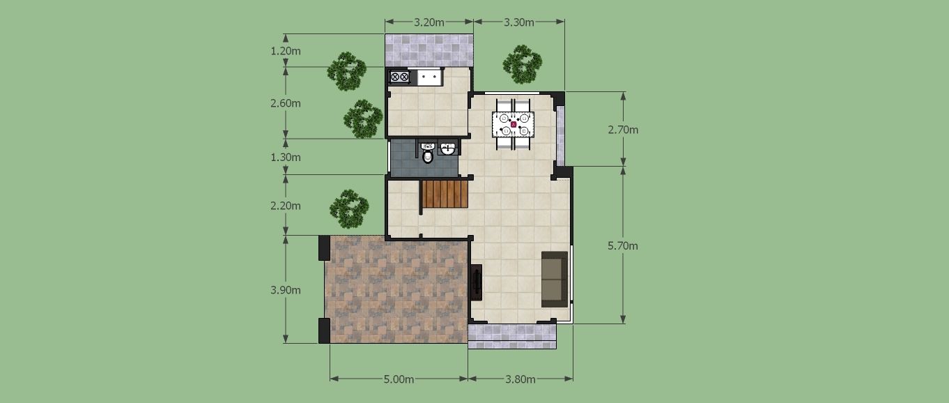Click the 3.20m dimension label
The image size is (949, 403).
(x=429, y=22)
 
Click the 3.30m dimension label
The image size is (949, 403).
(x=518, y=22)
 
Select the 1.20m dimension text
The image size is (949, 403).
(x=286, y=52)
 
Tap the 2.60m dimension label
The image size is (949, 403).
(x=286, y=103)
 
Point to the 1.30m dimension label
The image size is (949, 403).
(x=286, y=158)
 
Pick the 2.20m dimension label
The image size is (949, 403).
(x=286, y=206)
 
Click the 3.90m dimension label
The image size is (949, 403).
(x=286, y=290)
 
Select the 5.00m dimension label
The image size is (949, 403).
(x=399, y=379)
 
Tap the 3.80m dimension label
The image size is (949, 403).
(x=520, y=379)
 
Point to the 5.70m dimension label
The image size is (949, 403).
(x=623, y=246)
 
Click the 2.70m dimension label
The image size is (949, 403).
(x=623, y=130)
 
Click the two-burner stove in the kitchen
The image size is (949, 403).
(x=399, y=77)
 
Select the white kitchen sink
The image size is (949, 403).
(x=430, y=77)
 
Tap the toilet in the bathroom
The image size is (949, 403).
(x=428, y=153)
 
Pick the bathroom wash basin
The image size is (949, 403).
(x=447, y=149)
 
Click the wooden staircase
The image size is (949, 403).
(x=445, y=194)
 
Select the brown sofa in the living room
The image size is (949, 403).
(x=555, y=280)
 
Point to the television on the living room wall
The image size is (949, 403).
(x=477, y=282)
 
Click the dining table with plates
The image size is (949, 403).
(x=513, y=124)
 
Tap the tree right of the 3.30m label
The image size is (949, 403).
(x=523, y=64)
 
